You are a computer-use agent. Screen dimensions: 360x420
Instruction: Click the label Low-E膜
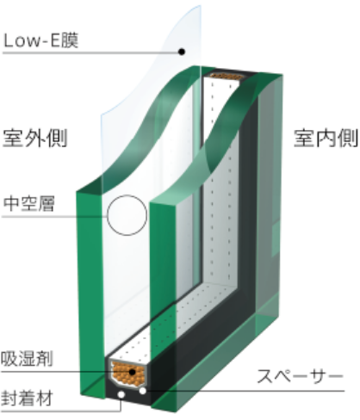point(40,40)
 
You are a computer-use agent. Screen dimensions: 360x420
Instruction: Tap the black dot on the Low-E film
point(182,52)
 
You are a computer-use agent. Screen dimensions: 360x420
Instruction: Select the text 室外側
point(35,138)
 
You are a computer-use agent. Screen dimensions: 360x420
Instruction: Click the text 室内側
point(326,139)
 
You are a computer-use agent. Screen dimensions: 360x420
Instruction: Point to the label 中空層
point(28,203)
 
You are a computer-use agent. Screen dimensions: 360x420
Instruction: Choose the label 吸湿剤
point(27,359)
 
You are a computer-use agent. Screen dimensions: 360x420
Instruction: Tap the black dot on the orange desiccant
point(132,372)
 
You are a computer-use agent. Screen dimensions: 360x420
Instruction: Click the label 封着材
point(27,398)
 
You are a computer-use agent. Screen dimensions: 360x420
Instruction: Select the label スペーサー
point(301,376)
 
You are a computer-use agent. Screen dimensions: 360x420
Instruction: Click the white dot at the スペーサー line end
point(143,391)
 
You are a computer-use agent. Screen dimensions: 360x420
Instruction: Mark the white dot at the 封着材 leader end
point(121,395)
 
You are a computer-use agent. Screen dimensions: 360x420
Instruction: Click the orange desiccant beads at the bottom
point(128,374)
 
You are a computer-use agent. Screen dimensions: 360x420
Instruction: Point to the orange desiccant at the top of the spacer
point(227,77)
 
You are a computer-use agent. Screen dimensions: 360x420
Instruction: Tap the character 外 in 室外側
point(35,138)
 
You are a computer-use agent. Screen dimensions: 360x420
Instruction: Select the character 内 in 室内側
point(326,139)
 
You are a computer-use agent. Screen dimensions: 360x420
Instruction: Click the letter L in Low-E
point(9,40)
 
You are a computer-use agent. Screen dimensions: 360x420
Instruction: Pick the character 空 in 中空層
point(28,203)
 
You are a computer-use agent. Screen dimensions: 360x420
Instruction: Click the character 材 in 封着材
point(45,398)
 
